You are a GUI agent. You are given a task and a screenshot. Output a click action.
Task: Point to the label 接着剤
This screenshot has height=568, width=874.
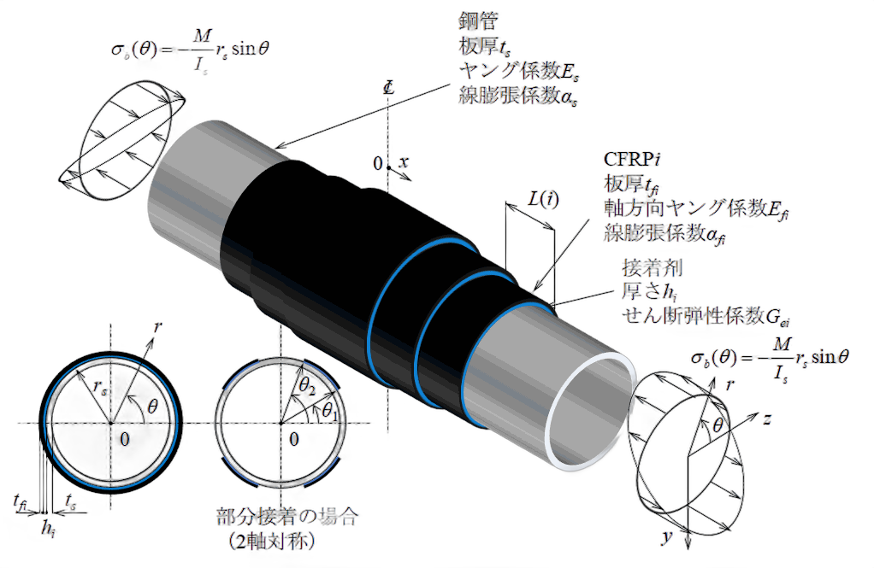[x=647, y=266]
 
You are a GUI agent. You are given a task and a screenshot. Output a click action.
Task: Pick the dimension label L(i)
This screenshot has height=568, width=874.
[x=543, y=200]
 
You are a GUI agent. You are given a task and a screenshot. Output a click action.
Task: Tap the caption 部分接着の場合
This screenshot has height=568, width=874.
[x=286, y=517]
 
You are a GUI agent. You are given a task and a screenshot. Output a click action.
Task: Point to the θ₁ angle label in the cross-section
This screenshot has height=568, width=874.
[x=327, y=411]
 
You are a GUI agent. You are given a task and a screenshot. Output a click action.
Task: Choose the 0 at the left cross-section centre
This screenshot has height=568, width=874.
[x=124, y=439]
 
